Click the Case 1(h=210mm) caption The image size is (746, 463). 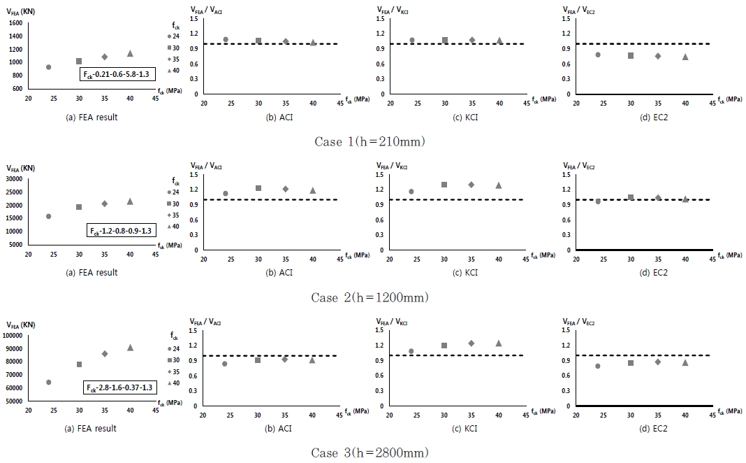(x=370, y=141)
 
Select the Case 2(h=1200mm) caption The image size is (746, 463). (x=370, y=297)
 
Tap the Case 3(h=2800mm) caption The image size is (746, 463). (x=370, y=453)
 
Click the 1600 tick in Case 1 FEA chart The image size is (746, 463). (x=15, y=23)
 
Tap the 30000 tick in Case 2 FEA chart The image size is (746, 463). (x=13, y=179)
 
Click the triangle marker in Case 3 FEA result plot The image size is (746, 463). (x=130, y=347)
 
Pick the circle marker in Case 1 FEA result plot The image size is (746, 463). (x=48, y=67)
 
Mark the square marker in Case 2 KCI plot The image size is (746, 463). (x=444, y=185)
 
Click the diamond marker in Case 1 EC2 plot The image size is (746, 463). (x=657, y=56)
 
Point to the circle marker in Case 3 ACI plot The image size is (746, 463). (x=225, y=364)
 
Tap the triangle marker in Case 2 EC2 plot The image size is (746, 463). (x=685, y=199)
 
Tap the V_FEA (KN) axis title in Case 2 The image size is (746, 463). (x=22, y=168)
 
